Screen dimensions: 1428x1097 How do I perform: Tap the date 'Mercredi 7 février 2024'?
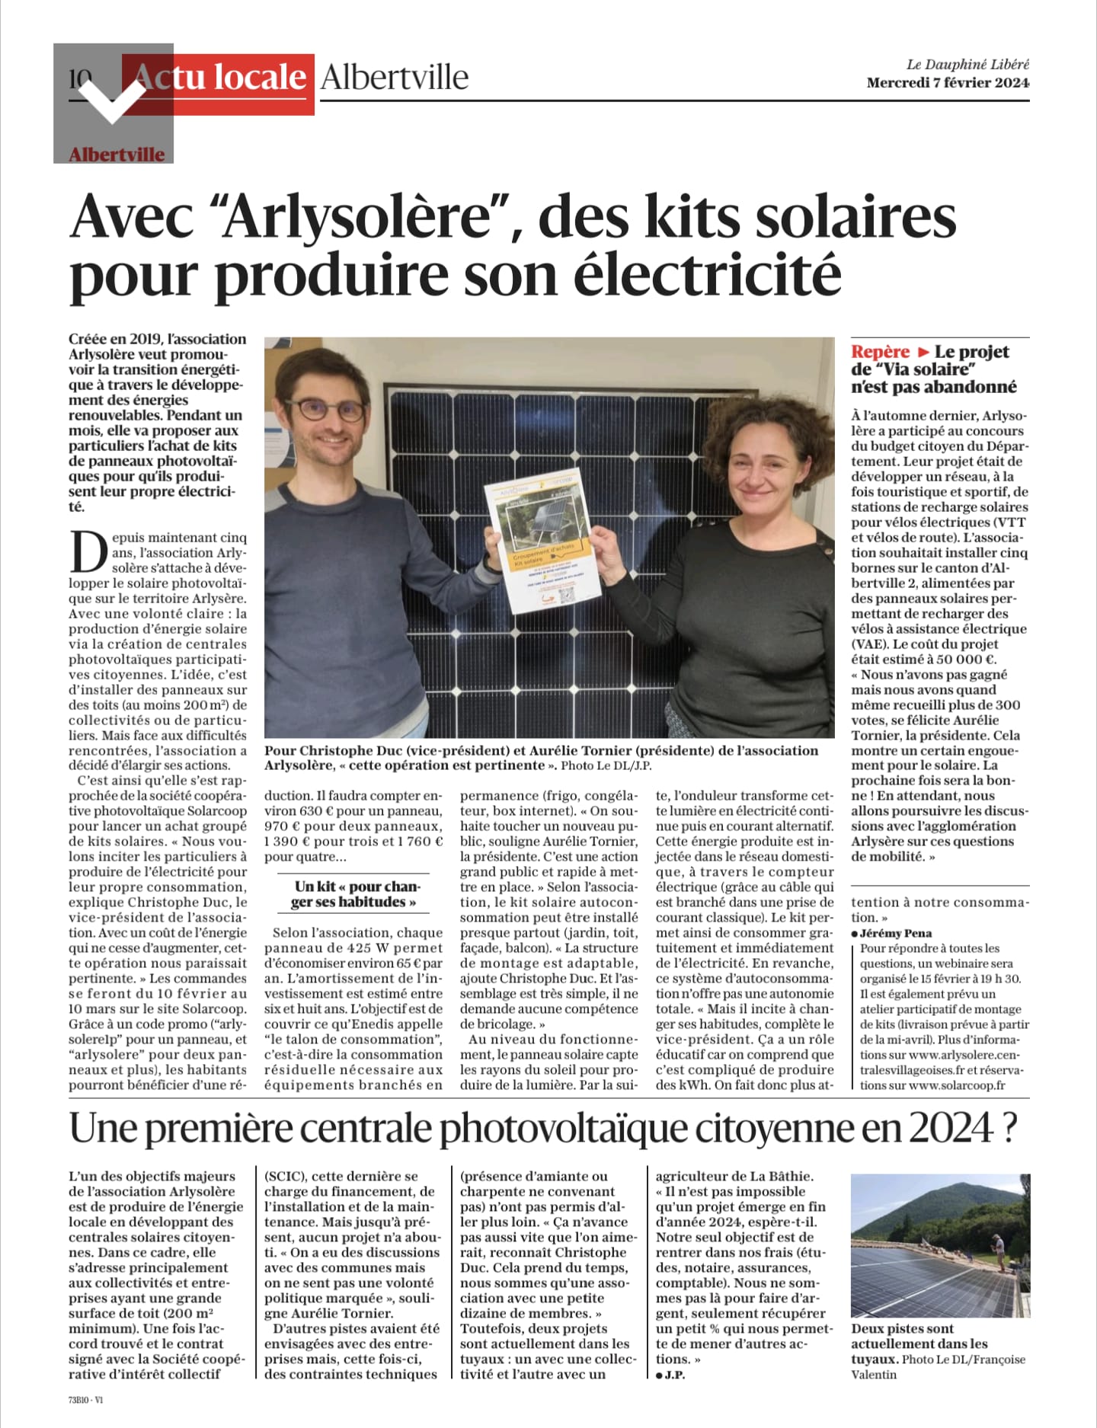948,83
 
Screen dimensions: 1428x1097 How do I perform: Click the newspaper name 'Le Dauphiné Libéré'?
967,65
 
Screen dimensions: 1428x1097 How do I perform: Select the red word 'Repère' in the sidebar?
881,352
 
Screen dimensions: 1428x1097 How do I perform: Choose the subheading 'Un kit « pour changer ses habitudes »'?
356,894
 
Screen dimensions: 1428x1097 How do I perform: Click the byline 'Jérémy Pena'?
896,933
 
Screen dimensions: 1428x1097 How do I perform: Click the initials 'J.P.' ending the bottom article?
673,1375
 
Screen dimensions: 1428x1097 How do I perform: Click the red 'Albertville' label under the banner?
117,155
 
